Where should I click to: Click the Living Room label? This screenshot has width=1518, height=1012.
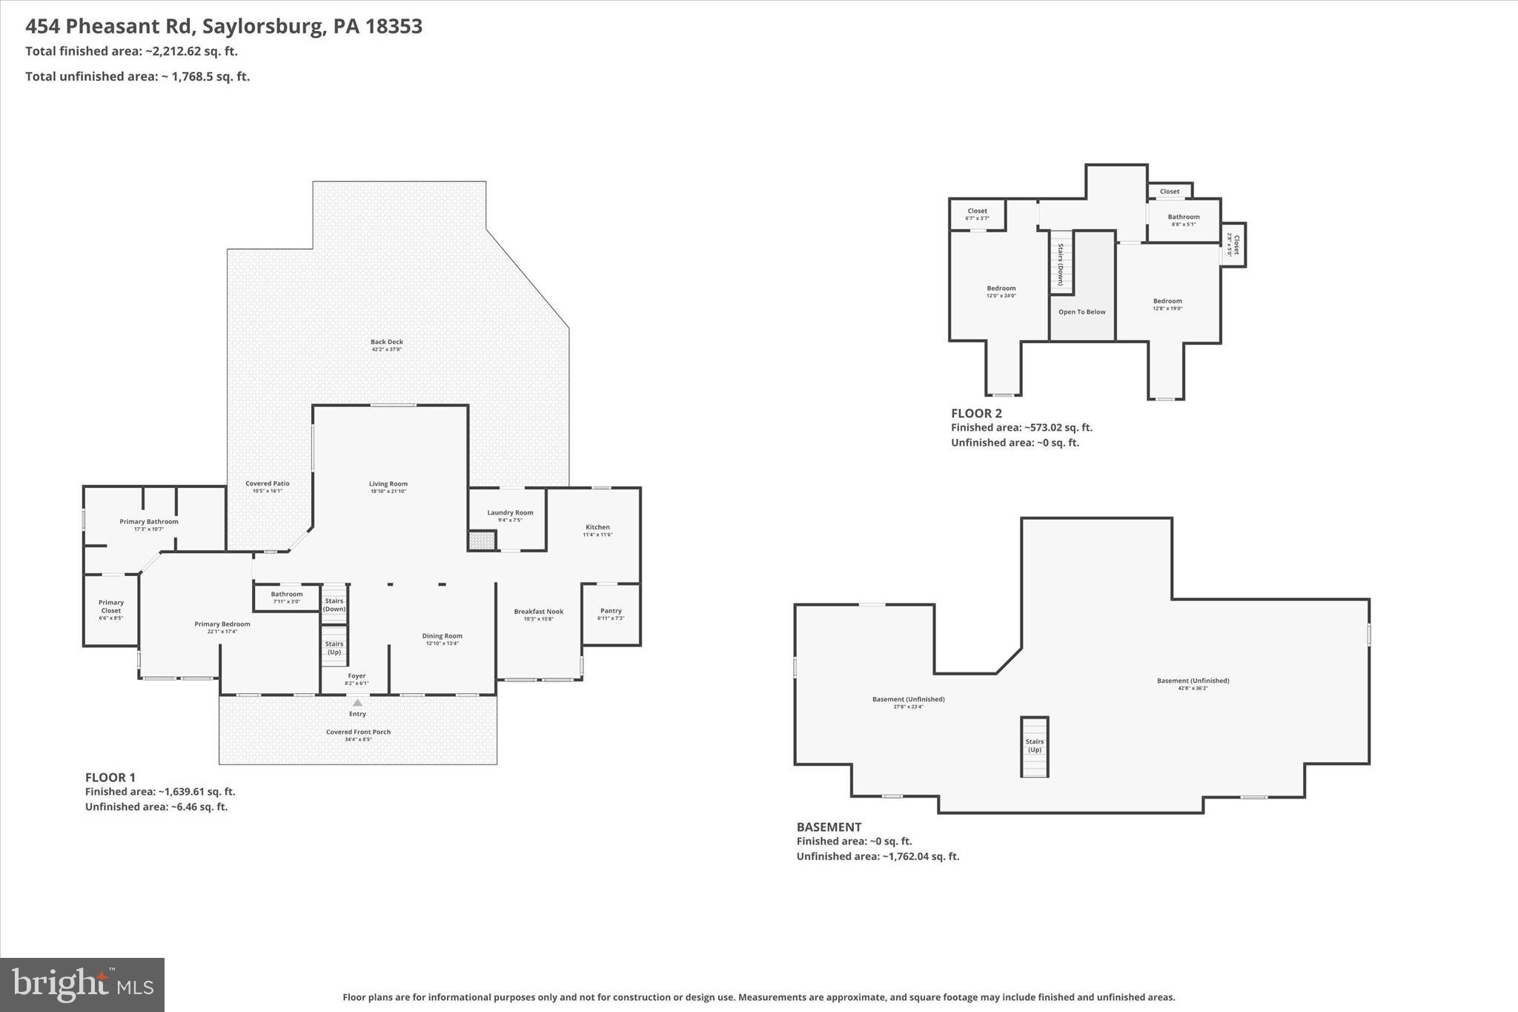click(x=388, y=484)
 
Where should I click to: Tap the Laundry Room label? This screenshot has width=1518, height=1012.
click(x=510, y=512)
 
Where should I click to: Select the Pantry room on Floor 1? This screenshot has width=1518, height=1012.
click(x=611, y=614)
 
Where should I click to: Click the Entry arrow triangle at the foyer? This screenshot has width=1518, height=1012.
click(x=357, y=702)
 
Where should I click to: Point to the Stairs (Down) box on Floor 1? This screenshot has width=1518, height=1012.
click(x=334, y=604)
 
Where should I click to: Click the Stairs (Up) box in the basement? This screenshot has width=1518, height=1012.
click(x=1034, y=746)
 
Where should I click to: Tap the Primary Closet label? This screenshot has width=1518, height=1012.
click(x=111, y=606)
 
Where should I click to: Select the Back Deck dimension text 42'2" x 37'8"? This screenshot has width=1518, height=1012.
click(x=386, y=349)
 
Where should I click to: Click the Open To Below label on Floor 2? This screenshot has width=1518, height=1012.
click(x=1081, y=312)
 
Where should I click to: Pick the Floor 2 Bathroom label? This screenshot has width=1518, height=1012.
click(x=1184, y=217)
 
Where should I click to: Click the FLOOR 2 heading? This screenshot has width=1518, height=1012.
click(x=976, y=413)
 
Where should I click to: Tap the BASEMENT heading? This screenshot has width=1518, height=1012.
click(x=829, y=827)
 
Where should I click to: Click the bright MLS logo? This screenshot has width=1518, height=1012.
click(x=82, y=985)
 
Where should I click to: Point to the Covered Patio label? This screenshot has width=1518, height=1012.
click(x=268, y=483)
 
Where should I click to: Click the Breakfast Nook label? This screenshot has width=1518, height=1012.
click(x=539, y=612)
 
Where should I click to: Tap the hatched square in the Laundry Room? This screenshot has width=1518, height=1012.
click(x=482, y=540)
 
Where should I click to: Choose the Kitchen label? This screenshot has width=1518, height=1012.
click(x=597, y=527)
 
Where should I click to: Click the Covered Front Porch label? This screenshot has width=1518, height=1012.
click(x=358, y=732)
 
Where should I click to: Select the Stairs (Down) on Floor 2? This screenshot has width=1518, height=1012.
click(x=1061, y=263)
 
